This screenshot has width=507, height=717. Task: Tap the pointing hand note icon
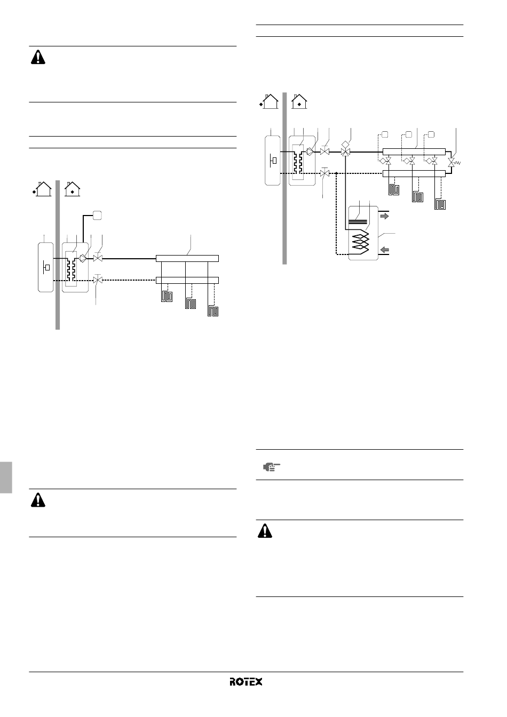pos(271,467)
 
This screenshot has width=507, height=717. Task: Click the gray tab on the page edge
pos(6,477)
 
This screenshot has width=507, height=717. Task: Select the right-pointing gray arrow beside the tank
pos(384,217)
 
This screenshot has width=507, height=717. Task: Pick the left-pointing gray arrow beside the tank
pos(384,250)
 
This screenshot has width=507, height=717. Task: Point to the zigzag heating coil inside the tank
pos(360,242)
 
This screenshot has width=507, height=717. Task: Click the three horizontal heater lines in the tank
pos(358,221)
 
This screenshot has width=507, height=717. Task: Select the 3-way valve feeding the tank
pos(346,152)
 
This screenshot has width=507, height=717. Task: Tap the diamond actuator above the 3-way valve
pos(346,144)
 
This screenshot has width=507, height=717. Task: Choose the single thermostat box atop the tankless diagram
pos(97,216)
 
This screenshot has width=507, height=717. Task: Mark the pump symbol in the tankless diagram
pos(83,258)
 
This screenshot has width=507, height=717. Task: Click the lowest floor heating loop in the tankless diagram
pos(213,312)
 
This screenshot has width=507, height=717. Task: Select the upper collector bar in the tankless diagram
pos(187,258)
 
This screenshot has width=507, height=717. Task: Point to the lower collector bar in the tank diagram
pos(414,173)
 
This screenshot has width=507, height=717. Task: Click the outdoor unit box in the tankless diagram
pos(46,267)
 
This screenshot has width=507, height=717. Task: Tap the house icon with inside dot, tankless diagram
pos(73,189)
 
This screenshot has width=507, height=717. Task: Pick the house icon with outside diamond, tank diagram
pos(269,101)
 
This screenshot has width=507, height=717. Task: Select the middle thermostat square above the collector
pos(409,134)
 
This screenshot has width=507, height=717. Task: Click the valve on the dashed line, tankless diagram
pos(98,280)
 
